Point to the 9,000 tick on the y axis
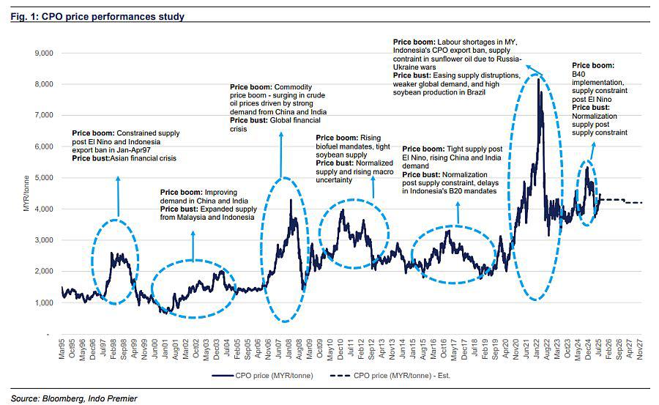tap(42, 53)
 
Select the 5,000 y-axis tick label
tap(42, 178)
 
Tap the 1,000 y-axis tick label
tap(42, 302)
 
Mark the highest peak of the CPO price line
tap(538, 78)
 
